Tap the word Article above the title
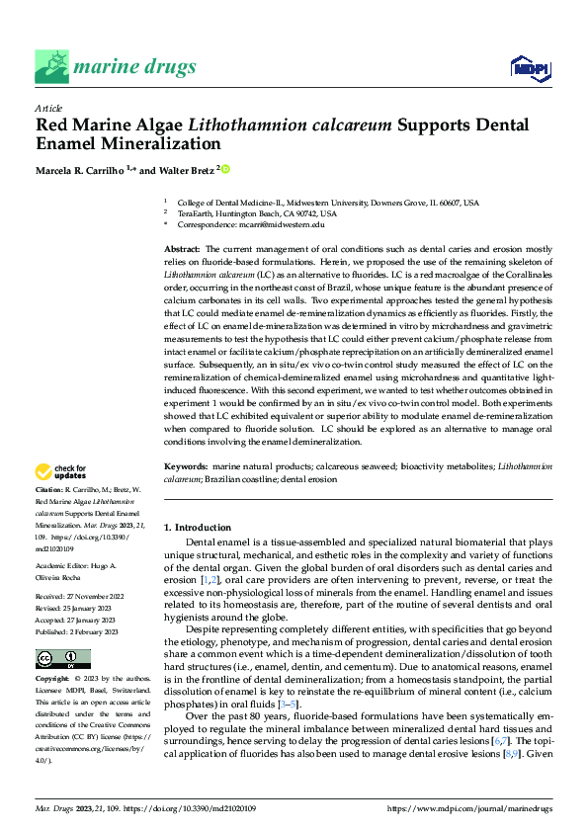(48, 108)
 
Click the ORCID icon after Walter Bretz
(225, 170)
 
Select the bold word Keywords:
(185, 465)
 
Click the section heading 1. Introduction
(198, 528)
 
